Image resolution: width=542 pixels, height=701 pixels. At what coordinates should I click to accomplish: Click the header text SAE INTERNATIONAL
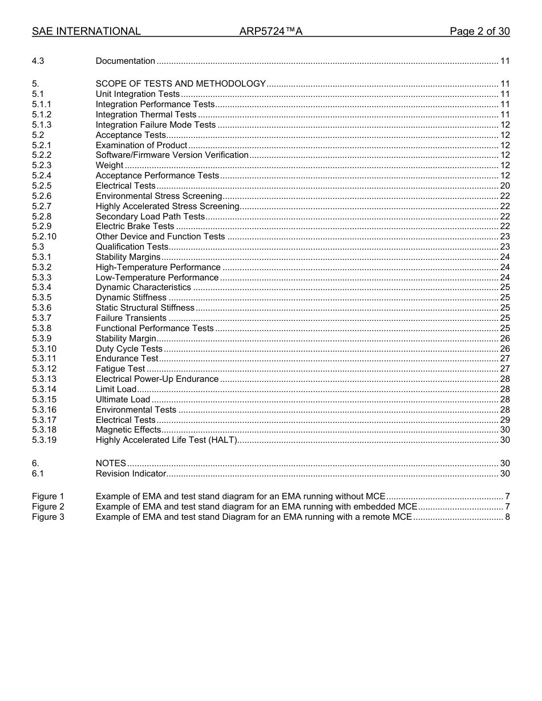pos(86,31)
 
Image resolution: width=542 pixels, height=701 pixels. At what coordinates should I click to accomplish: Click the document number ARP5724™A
pos(270,31)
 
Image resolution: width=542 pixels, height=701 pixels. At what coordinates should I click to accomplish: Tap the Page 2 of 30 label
pos(479,31)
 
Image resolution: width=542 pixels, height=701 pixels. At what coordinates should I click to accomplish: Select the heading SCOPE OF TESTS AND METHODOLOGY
pos(180,84)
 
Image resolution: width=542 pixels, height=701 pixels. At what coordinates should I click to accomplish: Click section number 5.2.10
pos(44,237)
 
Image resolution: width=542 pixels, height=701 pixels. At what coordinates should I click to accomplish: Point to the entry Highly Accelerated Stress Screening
pos(167,206)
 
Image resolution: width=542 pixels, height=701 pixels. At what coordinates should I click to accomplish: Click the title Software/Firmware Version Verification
pos(172,155)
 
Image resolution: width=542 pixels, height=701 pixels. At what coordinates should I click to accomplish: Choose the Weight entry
pos(110,165)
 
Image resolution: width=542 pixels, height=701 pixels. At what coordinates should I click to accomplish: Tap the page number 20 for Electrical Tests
pos(504,186)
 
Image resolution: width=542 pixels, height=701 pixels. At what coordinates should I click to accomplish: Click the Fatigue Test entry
pos(120,369)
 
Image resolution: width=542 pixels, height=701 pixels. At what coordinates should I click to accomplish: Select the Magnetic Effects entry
pos(128,430)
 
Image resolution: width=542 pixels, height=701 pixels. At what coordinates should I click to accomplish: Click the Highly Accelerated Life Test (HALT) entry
pos(166,441)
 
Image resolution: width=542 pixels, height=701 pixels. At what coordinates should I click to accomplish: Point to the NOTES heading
pos(111,463)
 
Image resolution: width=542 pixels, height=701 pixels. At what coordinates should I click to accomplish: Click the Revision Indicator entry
pos(131,474)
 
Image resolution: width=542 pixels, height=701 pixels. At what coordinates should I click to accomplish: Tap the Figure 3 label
pos(48,517)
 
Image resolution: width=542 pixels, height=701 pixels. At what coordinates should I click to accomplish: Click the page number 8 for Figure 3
pos(507,517)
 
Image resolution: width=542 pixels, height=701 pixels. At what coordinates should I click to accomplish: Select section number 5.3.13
pos(44,379)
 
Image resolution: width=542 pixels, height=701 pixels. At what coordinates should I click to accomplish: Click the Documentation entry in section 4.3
pos(125,61)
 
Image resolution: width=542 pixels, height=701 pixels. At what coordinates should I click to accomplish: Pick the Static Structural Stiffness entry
pos(145,308)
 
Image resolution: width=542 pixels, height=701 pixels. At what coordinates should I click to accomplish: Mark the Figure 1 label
pos(48,496)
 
